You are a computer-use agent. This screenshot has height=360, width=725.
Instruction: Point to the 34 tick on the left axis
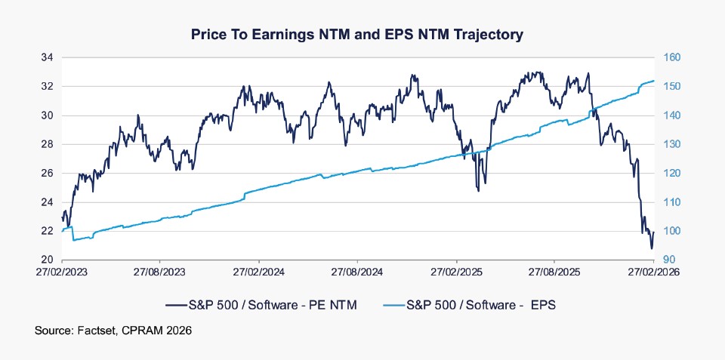(x=47, y=57)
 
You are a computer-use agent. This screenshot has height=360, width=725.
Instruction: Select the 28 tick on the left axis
(x=47, y=144)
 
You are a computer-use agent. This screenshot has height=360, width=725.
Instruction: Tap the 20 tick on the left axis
(x=47, y=260)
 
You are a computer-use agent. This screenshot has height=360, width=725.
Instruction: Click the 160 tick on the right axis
(x=671, y=57)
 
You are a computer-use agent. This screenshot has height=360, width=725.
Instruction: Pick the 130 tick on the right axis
(x=671, y=144)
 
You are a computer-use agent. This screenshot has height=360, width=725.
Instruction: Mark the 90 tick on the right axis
(x=668, y=260)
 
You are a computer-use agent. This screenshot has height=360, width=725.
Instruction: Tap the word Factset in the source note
(x=91, y=331)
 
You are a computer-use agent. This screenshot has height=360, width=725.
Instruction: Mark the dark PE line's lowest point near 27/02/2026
(x=651, y=248)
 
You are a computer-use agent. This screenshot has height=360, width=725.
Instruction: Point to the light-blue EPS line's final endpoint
(x=653, y=81)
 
